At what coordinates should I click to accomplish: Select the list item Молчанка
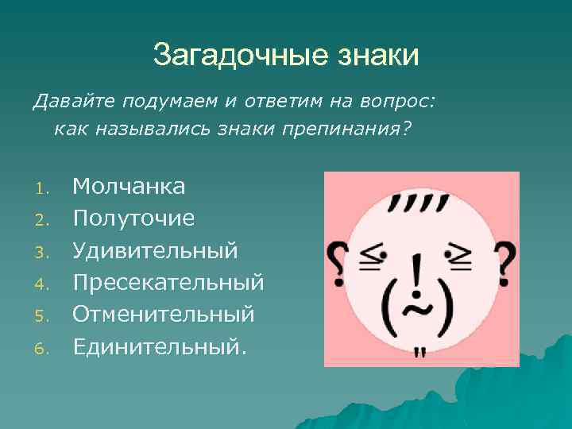point(129,187)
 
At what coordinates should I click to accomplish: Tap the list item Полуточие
point(133,218)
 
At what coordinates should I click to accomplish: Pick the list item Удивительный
point(155,250)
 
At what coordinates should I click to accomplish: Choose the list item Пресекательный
point(168,282)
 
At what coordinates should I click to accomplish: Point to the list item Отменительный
point(164,314)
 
